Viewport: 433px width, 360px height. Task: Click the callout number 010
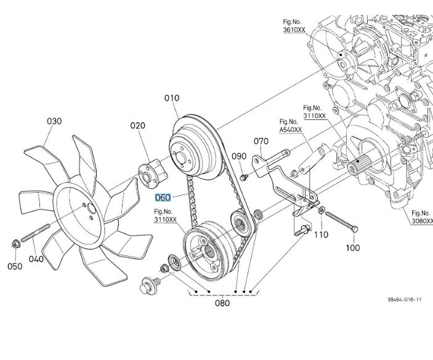(x=172, y=98)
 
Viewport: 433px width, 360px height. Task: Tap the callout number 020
(x=137, y=126)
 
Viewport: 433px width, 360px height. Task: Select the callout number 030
(x=54, y=121)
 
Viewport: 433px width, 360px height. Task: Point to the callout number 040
(x=36, y=259)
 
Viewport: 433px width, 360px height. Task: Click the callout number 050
(x=15, y=266)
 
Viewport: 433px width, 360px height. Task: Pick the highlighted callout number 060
(x=163, y=198)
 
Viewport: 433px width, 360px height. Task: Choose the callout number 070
(x=261, y=141)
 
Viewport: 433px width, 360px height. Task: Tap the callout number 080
(x=222, y=303)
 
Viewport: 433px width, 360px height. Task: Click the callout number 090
(x=239, y=156)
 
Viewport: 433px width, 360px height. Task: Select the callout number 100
(x=352, y=248)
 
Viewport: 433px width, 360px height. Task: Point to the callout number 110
(x=322, y=234)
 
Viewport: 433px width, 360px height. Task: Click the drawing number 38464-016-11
(x=404, y=300)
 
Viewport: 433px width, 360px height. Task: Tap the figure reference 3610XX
(x=294, y=30)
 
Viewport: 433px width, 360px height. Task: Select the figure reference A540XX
(x=290, y=130)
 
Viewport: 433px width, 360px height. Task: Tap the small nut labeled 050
(x=15, y=246)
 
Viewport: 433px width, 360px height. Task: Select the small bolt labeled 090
(x=244, y=177)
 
